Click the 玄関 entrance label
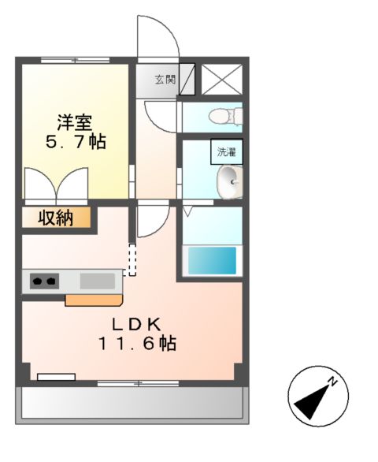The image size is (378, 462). tap(165, 79)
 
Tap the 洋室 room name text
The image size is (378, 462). tap(75, 123)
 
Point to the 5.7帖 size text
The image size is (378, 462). tap(75, 143)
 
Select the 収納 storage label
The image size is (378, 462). tap(57, 217)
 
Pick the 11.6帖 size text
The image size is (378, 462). tap(136, 344)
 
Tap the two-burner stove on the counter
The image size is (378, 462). tap(45, 280)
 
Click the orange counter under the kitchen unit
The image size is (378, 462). tap(94, 300)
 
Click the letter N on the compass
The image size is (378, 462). tap(333, 382)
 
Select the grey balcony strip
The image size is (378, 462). tap(131, 404)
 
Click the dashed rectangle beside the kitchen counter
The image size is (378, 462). tap(132, 259)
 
